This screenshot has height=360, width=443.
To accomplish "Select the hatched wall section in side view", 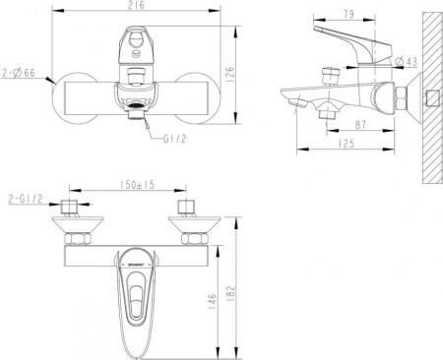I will coord(429,98).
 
